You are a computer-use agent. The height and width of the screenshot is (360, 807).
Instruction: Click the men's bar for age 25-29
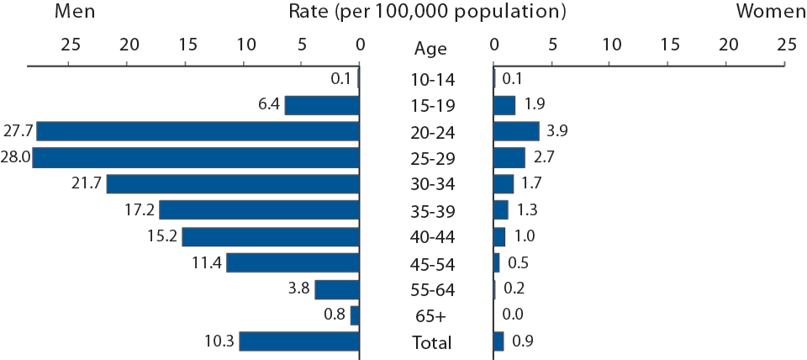coord(196,157)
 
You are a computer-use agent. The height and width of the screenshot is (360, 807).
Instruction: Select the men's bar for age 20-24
coord(198,131)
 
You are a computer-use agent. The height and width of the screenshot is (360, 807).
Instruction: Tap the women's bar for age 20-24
coord(516,131)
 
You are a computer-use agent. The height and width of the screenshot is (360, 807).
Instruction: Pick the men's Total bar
coord(299,341)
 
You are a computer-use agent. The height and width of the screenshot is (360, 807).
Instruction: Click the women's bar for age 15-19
coord(504,105)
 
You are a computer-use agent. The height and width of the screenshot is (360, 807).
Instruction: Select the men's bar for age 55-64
coord(337,289)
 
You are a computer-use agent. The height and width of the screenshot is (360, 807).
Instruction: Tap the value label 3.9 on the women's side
coord(556,131)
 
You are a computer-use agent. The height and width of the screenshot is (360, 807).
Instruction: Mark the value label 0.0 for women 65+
coord(513,315)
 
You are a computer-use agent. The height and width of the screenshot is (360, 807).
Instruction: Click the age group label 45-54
coord(431,264)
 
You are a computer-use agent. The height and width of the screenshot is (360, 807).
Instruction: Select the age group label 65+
coord(431,316)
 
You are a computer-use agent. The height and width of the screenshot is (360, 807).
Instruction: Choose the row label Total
coord(431,342)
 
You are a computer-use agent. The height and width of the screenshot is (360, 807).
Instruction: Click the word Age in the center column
coord(431,49)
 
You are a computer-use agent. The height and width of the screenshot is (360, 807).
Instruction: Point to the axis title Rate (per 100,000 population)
coord(427,12)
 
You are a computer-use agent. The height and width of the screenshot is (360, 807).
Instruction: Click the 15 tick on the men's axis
coord(187,44)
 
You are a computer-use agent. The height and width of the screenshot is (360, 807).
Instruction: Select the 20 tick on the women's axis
coord(728,44)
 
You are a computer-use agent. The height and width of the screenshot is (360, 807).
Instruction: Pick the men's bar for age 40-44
coord(271,236)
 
